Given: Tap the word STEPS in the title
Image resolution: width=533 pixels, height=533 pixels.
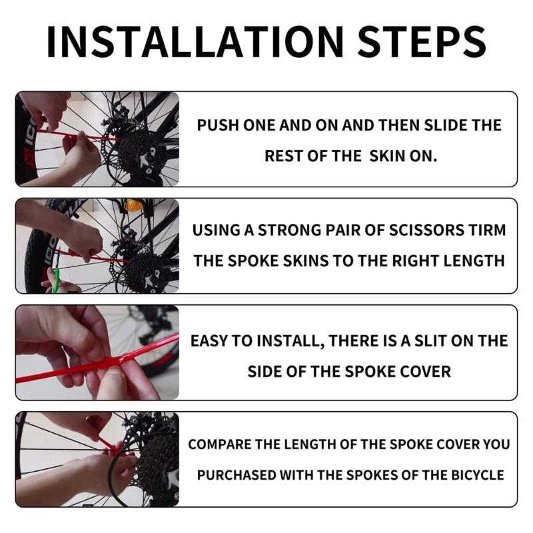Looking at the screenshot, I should point(420,41).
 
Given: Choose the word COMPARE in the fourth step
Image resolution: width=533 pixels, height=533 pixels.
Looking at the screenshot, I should point(219,444).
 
